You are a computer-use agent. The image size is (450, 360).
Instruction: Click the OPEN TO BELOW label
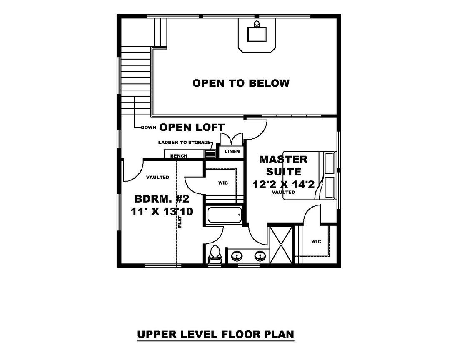(x=241, y=83)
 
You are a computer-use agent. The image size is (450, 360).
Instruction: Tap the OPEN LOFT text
(x=192, y=127)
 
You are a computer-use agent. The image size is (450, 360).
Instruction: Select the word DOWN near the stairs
(x=148, y=127)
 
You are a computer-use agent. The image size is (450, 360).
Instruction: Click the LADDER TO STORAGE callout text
(x=184, y=142)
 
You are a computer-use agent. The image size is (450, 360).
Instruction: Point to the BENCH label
(x=179, y=156)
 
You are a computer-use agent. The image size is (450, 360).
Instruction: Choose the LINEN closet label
(x=232, y=151)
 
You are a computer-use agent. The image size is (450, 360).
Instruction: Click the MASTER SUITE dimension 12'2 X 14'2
(x=284, y=184)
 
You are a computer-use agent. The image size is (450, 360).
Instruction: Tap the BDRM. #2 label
(x=162, y=199)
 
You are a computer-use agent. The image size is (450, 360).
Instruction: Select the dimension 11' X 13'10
(x=162, y=212)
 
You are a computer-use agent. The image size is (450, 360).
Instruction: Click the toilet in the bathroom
(x=215, y=255)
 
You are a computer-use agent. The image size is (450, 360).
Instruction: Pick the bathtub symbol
(x=225, y=215)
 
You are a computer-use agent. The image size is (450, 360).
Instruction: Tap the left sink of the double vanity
(x=237, y=255)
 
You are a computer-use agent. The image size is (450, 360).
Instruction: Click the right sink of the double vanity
(x=260, y=255)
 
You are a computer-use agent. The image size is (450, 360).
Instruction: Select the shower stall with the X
(x=281, y=245)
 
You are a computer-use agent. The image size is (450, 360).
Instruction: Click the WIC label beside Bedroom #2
(x=223, y=183)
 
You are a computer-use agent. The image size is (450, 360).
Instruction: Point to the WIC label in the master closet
(x=316, y=242)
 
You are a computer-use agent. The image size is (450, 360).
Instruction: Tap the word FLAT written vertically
(x=180, y=221)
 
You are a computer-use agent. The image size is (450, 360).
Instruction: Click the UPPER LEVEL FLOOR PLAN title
(x=215, y=335)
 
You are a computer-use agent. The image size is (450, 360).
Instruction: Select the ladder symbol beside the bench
(x=210, y=153)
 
